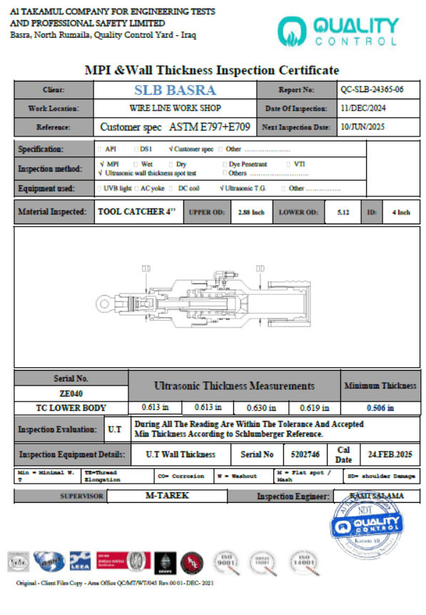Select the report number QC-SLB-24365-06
(x=372, y=90)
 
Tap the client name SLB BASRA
(x=175, y=90)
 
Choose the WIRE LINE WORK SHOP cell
(x=175, y=109)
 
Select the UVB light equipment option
(x=114, y=189)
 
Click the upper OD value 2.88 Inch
(x=250, y=213)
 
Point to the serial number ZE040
(x=71, y=393)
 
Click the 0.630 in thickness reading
(x=263, y=408)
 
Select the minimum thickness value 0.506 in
(x=380, y=408)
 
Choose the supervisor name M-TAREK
(x=167, y=495)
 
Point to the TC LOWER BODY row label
(x=71, y=408)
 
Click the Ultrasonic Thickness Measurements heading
(x=234, y=386)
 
